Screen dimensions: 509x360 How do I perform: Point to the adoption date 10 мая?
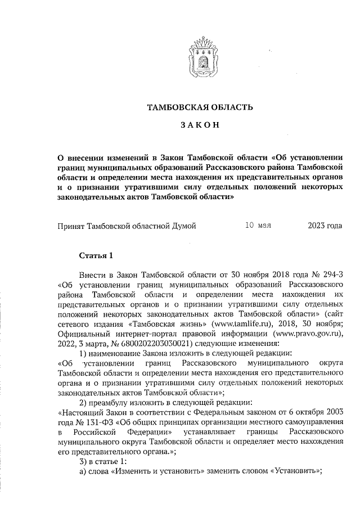(x=259, y=226)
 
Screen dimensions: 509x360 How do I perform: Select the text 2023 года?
(x=325, y=226)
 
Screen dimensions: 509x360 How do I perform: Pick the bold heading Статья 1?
(x=96, y=256)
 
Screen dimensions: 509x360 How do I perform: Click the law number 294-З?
(x=328, y=274)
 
